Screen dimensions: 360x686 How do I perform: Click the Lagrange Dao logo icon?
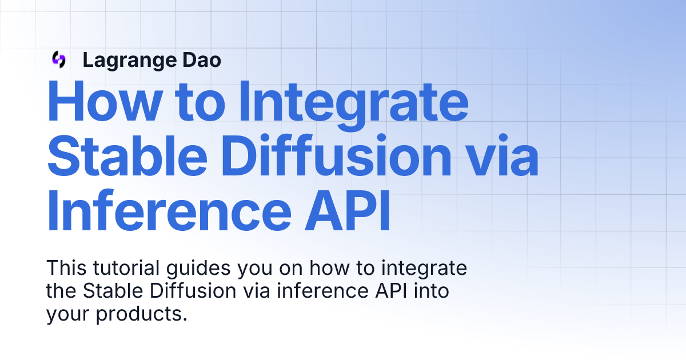coord(58,59)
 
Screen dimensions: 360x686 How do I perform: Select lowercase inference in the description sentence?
coord(314,291)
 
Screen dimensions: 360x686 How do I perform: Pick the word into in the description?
coord(431,291)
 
